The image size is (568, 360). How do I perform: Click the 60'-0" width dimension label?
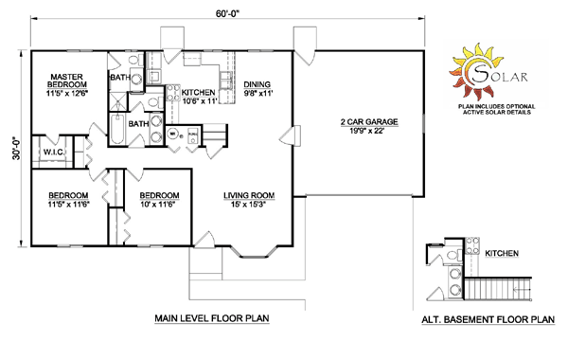pos(228,13)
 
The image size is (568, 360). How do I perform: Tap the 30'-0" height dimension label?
pos(16,149)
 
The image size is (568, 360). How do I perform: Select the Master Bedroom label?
pos(66,81)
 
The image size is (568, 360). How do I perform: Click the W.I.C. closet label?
pos(54,152)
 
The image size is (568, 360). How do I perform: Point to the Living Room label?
pos(249,196)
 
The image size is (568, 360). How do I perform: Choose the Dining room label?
pos(257,84)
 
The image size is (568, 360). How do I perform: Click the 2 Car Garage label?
pos(369,122)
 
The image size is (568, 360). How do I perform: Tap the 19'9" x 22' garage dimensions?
pos(366,131)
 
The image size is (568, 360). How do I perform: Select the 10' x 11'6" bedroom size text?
pos(157,204)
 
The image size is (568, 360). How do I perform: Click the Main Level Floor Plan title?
pos(212,318)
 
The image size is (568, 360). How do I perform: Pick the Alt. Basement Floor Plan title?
pos(488,320)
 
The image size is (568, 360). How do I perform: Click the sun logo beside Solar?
pos(475,71)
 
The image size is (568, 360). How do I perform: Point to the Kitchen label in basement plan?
pos(502,253)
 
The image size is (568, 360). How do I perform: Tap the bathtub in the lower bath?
pos(117,129)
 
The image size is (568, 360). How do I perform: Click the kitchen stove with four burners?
pos(173,93)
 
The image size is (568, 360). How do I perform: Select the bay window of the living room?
pos(254,252)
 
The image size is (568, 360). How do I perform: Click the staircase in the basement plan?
pos(498,289)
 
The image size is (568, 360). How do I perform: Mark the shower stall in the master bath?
pos(118,101)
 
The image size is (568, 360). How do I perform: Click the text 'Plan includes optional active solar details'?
pos(496,110)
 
